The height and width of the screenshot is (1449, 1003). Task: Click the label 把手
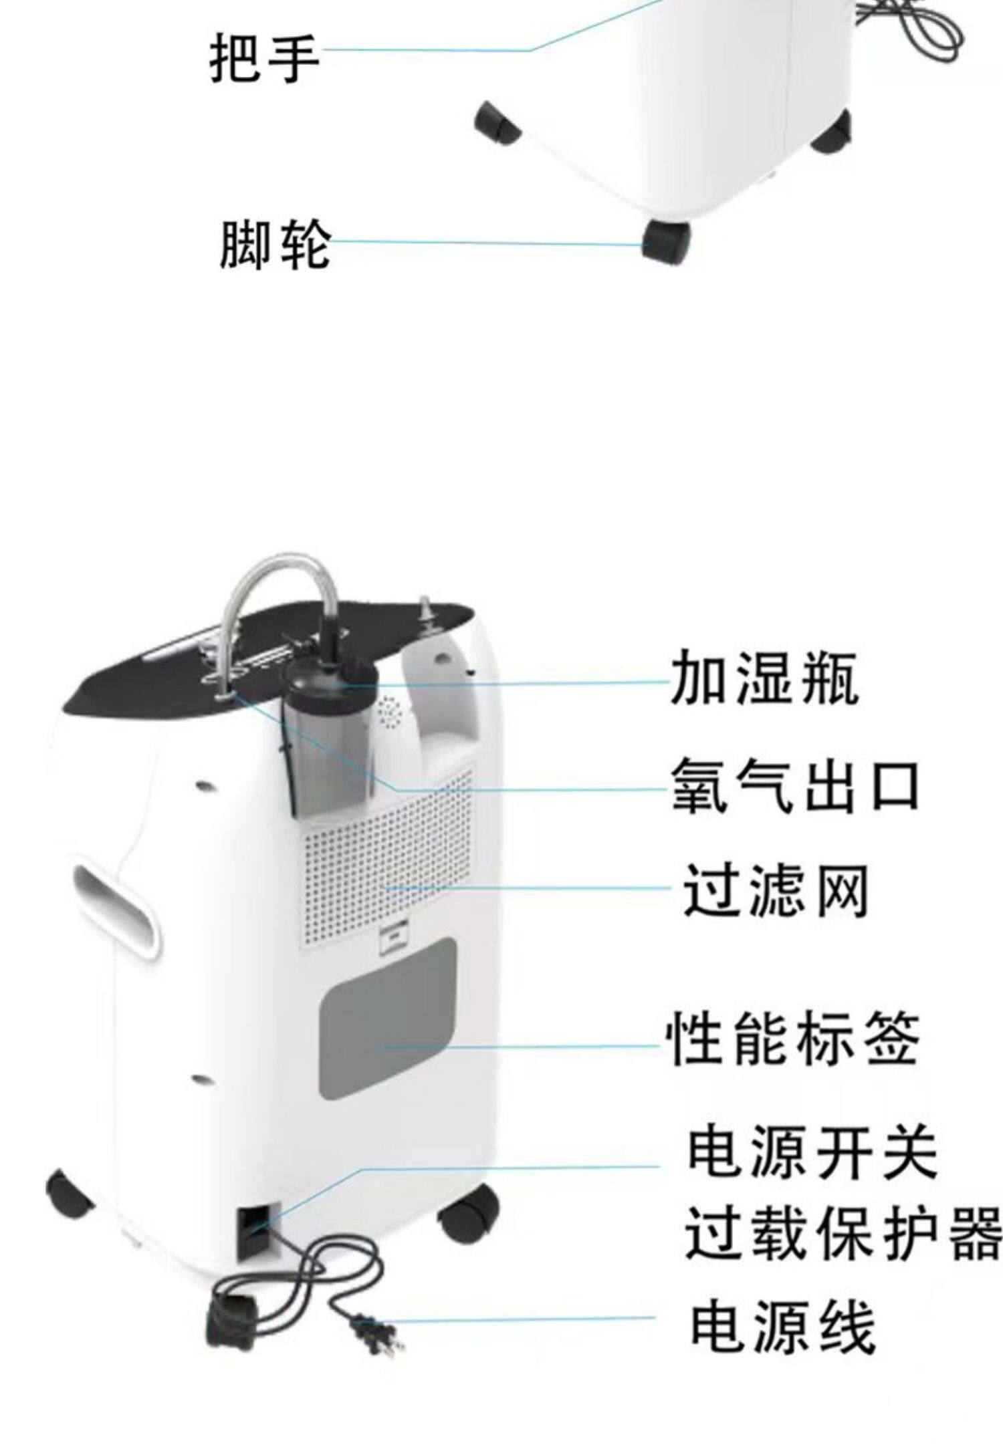(265, 59)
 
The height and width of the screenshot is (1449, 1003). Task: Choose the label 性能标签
(793, 1039)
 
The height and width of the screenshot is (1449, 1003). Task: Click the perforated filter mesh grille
(388, 862)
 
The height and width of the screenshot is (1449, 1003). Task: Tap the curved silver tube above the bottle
(281, 581)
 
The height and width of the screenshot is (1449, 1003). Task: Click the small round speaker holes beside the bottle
(390, 714)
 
